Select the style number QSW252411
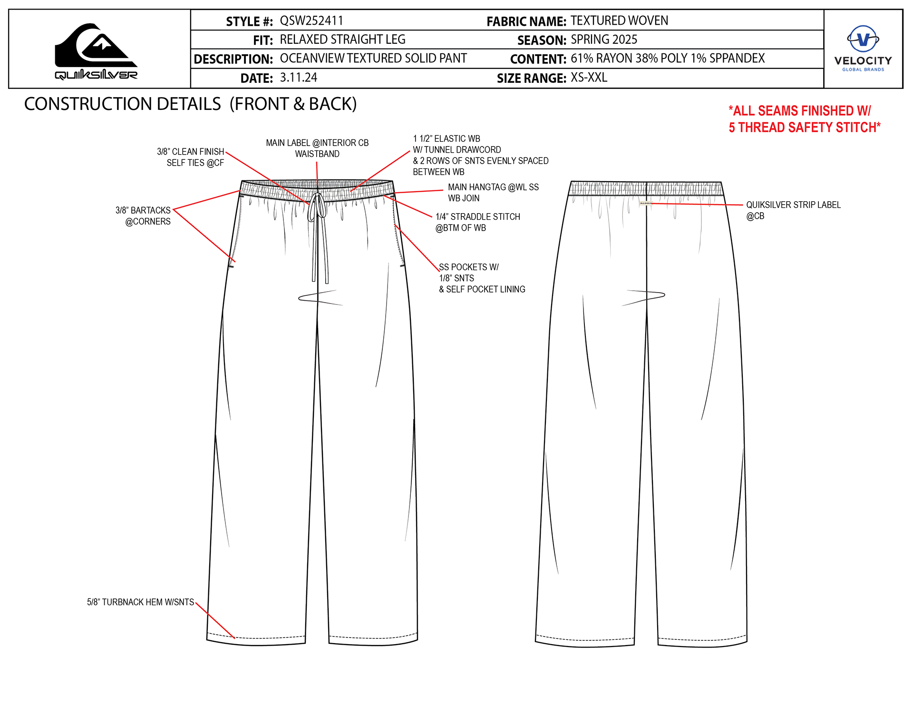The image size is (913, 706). [x=311, y=21]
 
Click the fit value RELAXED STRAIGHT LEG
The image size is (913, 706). [x=342, y=39]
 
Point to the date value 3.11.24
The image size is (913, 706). [x=298, y=78]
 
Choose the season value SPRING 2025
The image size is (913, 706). [x=604, y=39]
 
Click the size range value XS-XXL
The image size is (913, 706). [x=589, y=78]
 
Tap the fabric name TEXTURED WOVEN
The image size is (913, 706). [x=619, y=21]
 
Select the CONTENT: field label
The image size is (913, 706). [x=538, y=59]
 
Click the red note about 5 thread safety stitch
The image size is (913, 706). [x=804, y=119]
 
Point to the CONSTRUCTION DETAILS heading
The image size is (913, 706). [x=190, y=104]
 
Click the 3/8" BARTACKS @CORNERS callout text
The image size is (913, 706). [x=143, y=216]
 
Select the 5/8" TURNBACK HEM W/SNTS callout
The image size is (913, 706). [x=140, y=602]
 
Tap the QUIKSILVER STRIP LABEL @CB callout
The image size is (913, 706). [x=793, y=210]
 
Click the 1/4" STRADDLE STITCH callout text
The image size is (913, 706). [x=477, y=222]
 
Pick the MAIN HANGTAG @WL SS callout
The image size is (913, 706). [x=493, y=193]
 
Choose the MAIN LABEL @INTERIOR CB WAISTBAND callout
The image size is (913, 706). [x=317, y=148]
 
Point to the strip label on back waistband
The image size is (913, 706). [x=646, y=203]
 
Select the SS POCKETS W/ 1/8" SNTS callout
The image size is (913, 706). [x=482, y=278]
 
